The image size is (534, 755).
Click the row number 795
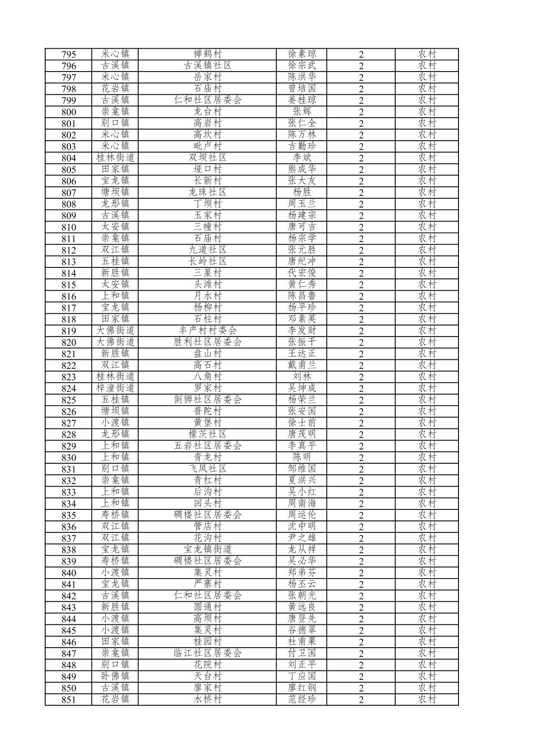tap(69, 54)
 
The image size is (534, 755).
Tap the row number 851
tap(69, 699)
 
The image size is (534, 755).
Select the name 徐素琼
tap(302, 54)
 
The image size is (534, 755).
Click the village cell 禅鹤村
tap(207, 54)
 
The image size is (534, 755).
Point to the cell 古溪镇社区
tap(207, 66)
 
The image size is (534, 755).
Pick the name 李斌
tap(302, 158)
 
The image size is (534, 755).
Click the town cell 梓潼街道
tap(115, 388)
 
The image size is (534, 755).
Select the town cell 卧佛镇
tap(115, 676)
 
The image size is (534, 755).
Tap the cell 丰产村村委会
tap(207, 331)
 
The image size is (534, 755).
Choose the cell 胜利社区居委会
tap(207, 342)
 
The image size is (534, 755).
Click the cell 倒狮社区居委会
tap(207, 400)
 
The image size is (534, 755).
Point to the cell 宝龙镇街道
tap(207, 549)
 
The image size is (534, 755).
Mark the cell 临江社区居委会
tap(207, 653)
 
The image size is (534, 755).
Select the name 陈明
tap(302, 457)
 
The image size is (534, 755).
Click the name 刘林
tap(302, 376)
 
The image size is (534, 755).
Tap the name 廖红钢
tap(302, 687)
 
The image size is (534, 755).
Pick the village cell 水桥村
tap(207, 699)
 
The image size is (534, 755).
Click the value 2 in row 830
tap(361, 458)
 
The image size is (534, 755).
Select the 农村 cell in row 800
tap(427, 111)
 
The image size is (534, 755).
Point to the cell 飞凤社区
tap(207, 469)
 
